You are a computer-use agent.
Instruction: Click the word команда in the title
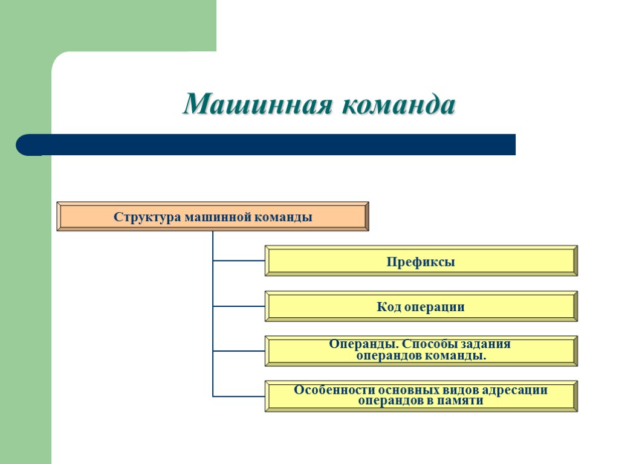click(x=398, y=106)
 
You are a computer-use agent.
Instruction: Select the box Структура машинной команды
click(x=212, y=216)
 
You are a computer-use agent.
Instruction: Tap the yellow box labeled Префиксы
click(x=421, y=262)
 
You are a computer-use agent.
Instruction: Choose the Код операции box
click(x=421, y=307)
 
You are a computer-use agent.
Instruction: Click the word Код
click(x=387, y=307)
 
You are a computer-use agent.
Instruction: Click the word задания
click(x=486, y=344)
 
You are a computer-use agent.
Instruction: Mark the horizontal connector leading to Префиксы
click(x=239, y=261)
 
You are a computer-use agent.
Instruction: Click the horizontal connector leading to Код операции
click(x=239, y=306)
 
